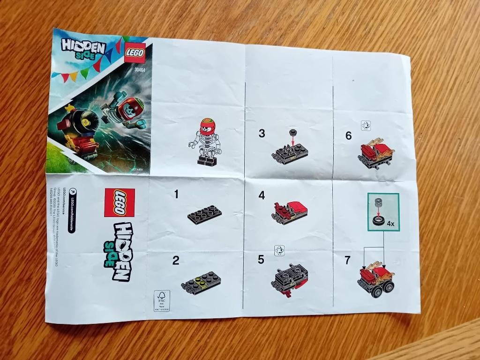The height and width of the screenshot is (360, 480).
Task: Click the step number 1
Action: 176,194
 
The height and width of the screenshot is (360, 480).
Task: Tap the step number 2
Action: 175,261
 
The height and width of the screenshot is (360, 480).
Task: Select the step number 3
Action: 262,134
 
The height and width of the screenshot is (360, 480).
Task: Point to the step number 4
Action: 262,195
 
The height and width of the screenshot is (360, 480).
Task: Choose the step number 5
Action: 261,259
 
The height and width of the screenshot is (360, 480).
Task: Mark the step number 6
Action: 348,135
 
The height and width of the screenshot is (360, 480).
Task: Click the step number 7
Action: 347,260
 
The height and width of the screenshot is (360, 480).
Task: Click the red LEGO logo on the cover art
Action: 135,52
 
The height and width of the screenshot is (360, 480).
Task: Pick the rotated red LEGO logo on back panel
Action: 119,202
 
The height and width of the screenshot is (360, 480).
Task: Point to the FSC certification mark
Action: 162,300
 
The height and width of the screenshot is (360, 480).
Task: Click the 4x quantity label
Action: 391,224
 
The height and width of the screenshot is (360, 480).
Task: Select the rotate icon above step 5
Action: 280,250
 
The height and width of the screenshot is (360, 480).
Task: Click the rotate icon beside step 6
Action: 366,126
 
